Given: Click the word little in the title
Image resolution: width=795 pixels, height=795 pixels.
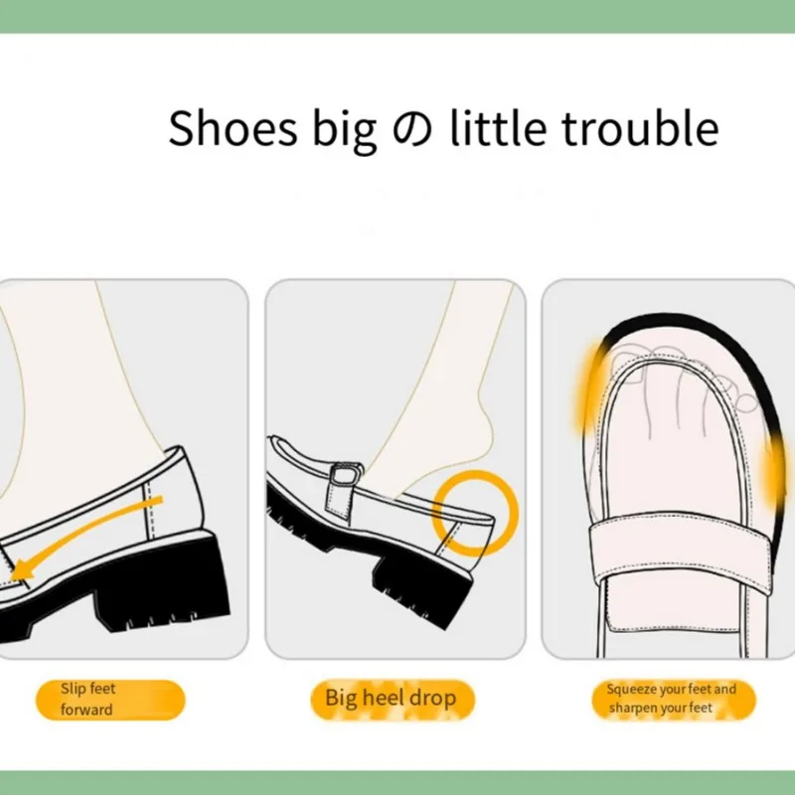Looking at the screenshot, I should coord(490,128).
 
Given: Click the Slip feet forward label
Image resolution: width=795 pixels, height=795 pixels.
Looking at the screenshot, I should coord(109,700).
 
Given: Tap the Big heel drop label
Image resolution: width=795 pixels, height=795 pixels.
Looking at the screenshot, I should coord(391,699).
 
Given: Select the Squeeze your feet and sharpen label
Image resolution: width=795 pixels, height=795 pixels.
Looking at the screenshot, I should coord(672,700).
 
